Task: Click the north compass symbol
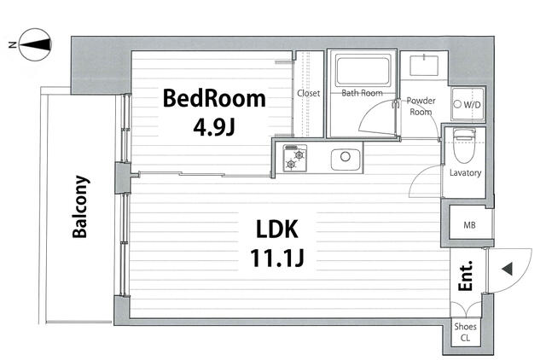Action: (x=35, y=44)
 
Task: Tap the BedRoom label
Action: (x=214, y=98)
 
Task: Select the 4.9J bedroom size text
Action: (x=214, y=128)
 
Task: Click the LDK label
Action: (x=277, y=229)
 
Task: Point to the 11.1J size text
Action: (x=277, y=258)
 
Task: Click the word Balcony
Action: (x=80, y=206)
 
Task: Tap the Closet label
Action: (x=309, y=93)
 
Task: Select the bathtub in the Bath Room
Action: (x=362, y=71)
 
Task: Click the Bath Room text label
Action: (x=362, y=93)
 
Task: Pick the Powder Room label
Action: (x=421, y=106)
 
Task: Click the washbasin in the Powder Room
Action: (x=424, y=65)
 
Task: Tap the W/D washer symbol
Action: (x=468, y=104)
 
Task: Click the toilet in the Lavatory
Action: (x=465, y=146)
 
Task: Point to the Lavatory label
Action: (x=465, y=172)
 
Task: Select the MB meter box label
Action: (x=469, y=225)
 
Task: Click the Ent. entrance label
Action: (x=466, y=276)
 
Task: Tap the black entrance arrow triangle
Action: (x=508, y=269)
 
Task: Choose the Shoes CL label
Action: (x=465, y=332)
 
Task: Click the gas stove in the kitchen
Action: (x=295, y=159)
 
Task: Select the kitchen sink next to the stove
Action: (x=346, y=160)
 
